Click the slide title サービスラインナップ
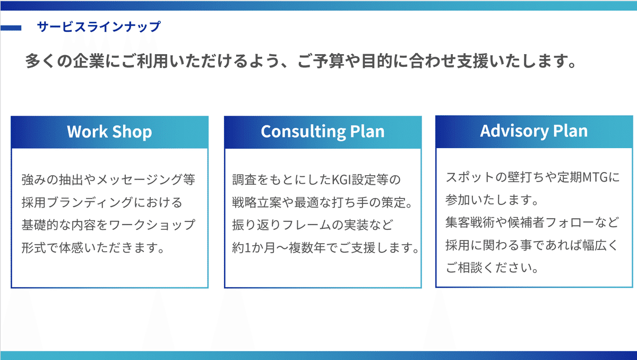[x=99, y=27]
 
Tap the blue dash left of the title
[x=11, y=27]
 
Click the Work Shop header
[x=109, y=132]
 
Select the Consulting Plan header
[x=323, y=132]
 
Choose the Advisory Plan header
[x=534, y=131]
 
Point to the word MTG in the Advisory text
[x=595, y=177]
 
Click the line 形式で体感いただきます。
[x=92, y=248]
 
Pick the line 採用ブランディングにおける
[x=102, y=202]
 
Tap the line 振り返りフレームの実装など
[x=312, y=225]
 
